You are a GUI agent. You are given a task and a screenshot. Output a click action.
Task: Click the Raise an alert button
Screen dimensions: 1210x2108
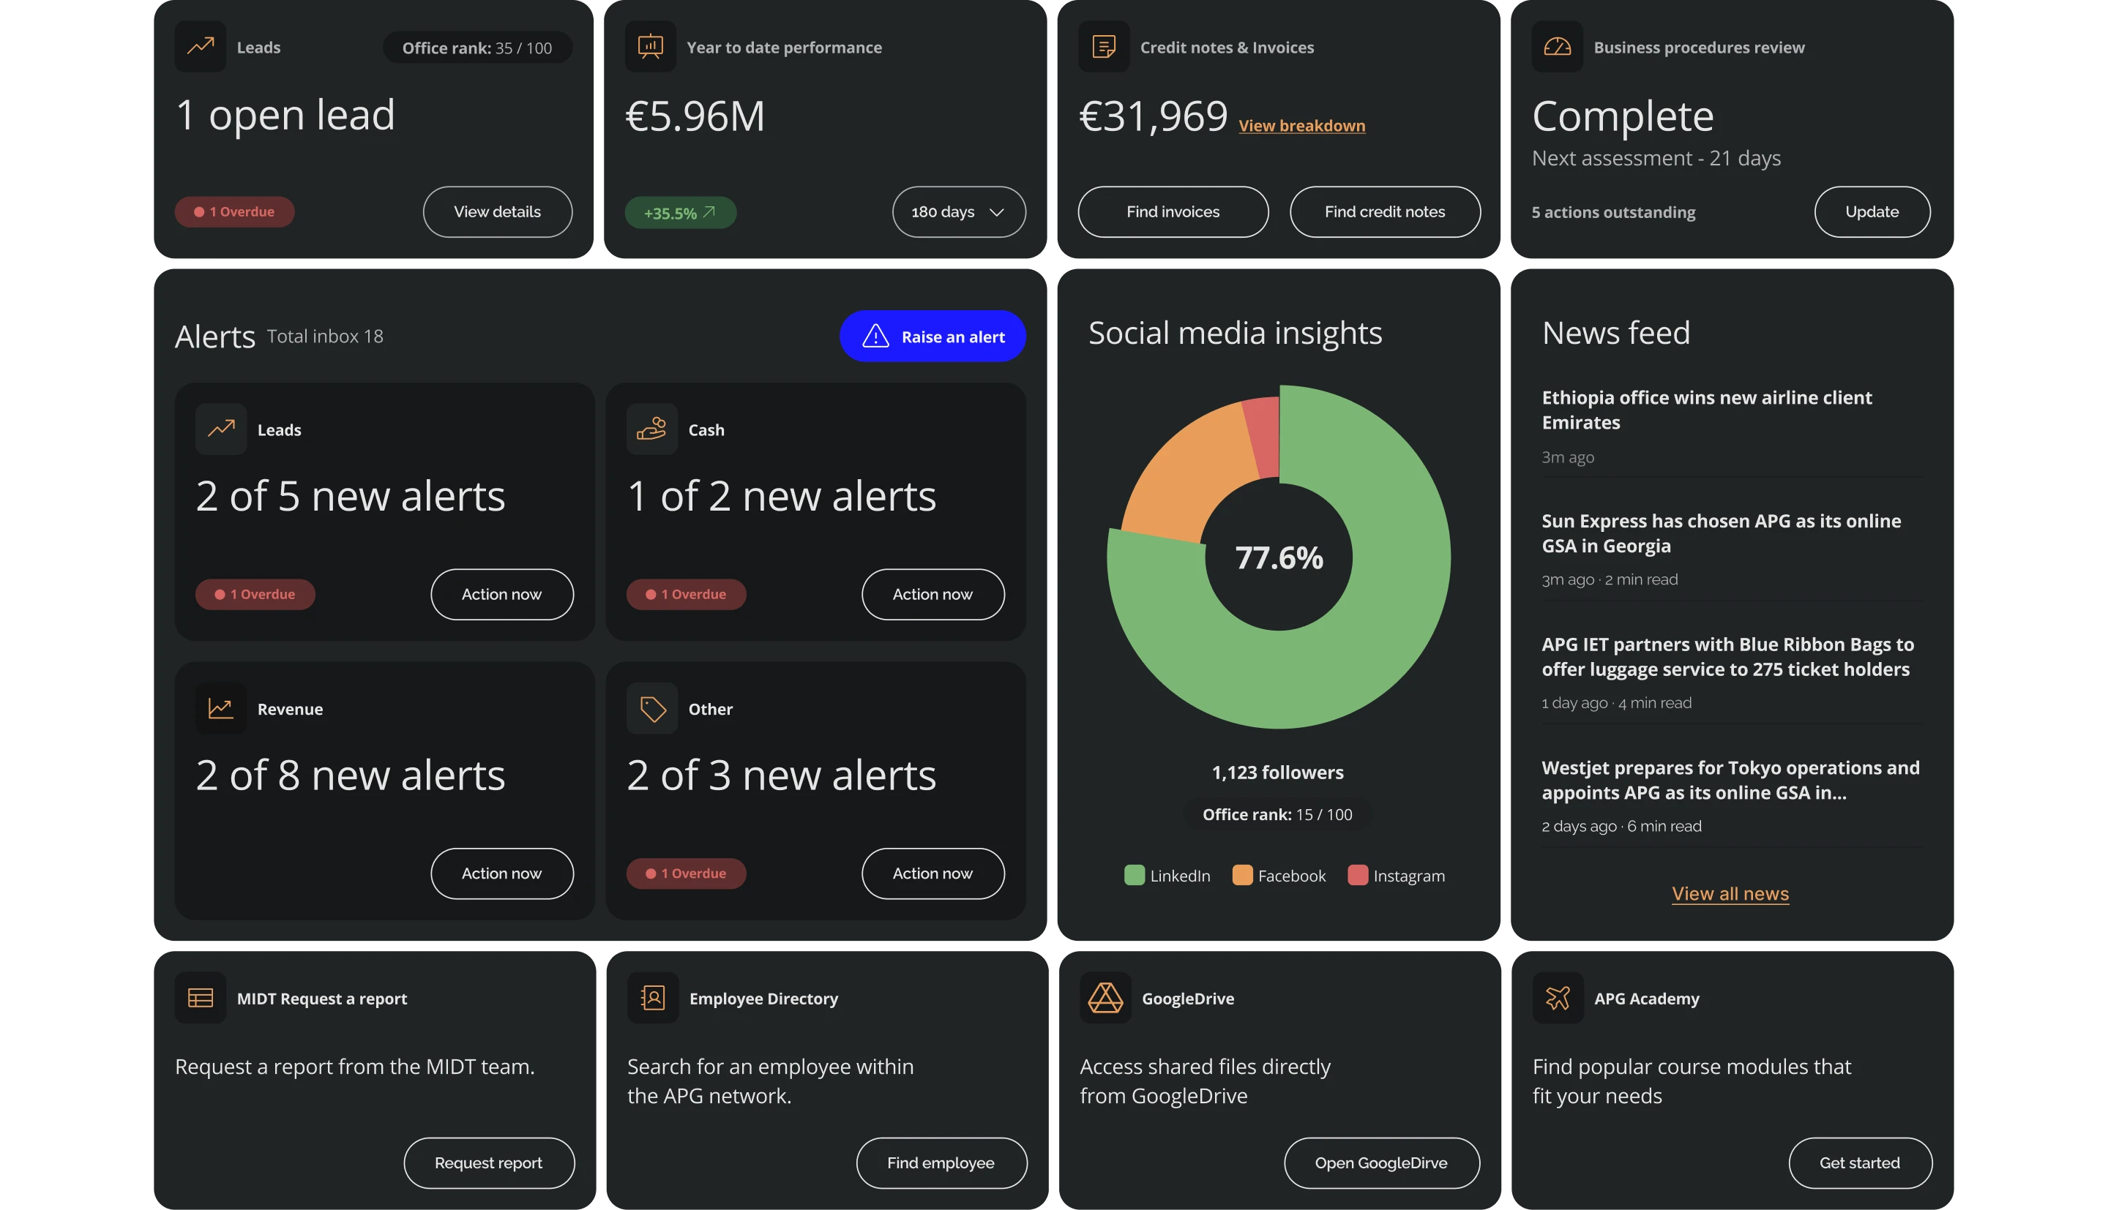932,337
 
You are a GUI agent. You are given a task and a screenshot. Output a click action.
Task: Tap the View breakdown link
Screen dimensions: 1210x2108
1301,126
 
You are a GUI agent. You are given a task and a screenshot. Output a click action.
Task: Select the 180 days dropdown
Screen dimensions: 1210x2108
958,212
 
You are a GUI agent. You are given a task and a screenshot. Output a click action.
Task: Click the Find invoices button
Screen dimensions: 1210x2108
1172,212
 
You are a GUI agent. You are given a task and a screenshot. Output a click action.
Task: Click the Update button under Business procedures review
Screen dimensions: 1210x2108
1871,212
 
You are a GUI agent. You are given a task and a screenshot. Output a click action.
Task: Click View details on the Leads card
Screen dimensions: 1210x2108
497,212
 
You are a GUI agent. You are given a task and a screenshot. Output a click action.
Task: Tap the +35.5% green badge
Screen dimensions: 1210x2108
679,213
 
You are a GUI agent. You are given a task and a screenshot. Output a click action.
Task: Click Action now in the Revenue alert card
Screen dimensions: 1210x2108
501,873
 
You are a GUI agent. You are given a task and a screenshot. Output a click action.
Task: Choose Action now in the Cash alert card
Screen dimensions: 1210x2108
932,594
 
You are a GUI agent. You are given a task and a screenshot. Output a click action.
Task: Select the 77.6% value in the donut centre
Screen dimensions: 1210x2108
1279,557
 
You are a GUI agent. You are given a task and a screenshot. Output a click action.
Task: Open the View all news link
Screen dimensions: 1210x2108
1730,894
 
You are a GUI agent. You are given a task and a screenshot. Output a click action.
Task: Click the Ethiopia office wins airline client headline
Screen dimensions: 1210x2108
1705,410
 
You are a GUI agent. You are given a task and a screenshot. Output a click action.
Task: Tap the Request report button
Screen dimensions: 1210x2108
488,1162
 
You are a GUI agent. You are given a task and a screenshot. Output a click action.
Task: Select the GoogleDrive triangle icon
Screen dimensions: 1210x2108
1105,998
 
